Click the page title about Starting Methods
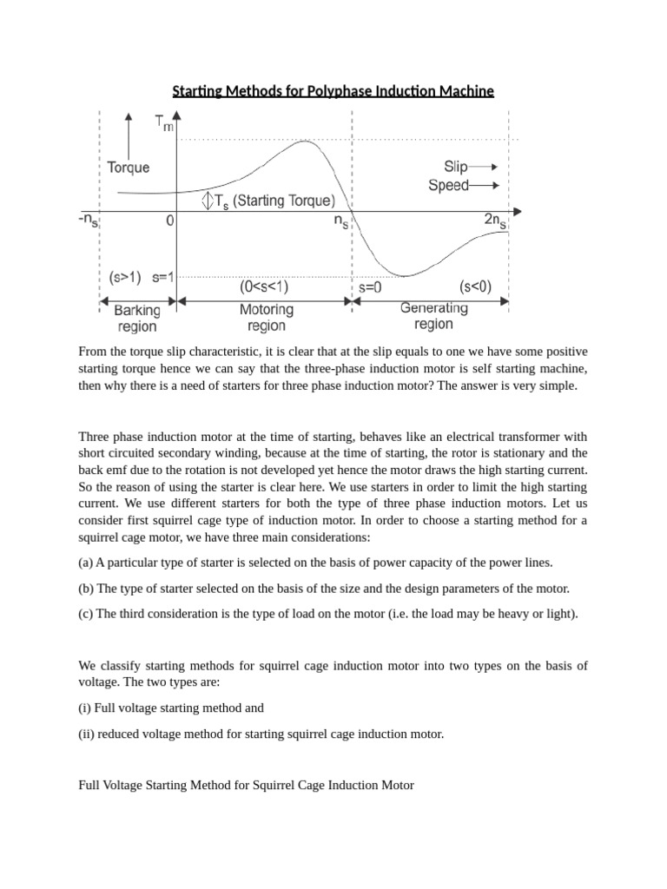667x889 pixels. pos(333,90)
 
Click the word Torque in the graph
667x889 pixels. pos(128,168)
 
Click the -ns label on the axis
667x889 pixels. pos(88,221)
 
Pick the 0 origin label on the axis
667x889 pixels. pos(170,221)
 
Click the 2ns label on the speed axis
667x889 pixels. pos(495,222)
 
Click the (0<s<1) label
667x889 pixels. pos(265,286)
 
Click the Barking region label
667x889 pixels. pos(136,318)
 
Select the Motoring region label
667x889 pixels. pos(266,318)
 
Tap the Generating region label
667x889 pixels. pos(433,316)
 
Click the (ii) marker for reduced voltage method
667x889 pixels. pos(86,734)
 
